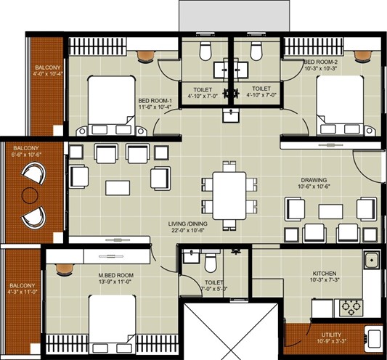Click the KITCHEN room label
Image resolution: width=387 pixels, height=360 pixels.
coord(325,274)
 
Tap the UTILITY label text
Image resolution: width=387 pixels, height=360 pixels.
coord(331,335)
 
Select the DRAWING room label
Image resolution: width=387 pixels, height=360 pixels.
coord(314,180)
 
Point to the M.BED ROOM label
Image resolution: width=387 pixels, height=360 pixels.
coord(116,275)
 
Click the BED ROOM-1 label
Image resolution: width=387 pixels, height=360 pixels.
coord(155,101)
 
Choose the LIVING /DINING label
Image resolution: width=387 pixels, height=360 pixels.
coord(188,224)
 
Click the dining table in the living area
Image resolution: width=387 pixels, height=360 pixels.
coord(229,196)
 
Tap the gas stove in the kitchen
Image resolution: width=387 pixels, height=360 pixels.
coord(351,308)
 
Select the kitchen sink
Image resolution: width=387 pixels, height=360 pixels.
coord(371,260)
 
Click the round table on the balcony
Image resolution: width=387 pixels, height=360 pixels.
coord(30,195)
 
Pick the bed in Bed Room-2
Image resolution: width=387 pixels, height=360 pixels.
coord(340,105)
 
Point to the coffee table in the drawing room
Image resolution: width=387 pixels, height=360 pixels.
coord(330,211)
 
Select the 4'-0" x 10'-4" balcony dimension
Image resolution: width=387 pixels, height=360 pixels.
coord(48,73)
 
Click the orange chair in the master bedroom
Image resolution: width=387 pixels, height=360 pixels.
coord(65,269)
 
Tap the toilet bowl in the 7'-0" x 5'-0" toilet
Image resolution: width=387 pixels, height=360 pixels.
coord(211,263)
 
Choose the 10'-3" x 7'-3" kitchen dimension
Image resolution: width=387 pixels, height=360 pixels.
coord(325,280)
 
